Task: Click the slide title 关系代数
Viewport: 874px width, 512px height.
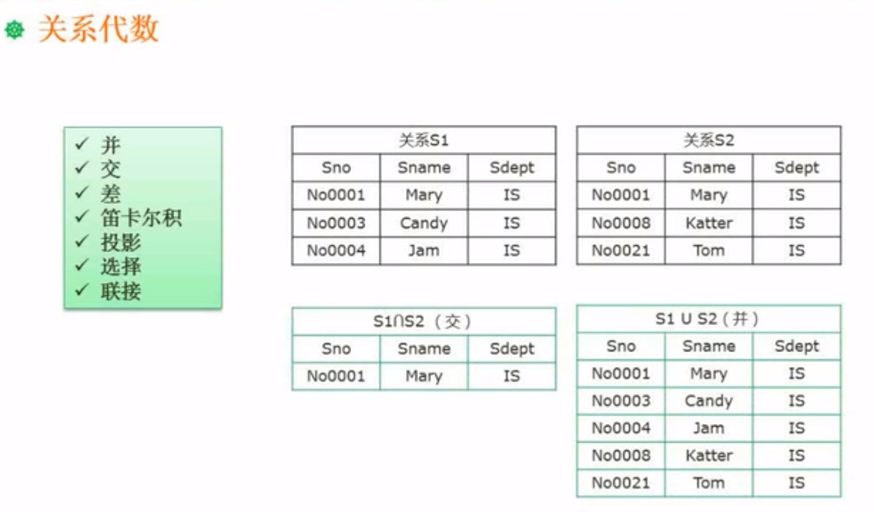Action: coord(98,29)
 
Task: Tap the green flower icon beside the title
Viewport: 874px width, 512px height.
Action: coord(14,30)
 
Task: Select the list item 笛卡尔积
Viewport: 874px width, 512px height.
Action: coord(141,218)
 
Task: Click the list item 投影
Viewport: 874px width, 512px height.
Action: coord(121,242)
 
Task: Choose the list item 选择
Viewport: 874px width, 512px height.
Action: coord(121,266)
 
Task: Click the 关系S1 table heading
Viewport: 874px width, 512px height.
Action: coord(423,140)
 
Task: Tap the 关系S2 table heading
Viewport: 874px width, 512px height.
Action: coord(708,140)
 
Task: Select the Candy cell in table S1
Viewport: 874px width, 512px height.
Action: coord(423,223)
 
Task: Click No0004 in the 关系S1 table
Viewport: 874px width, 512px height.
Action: coord(336,250)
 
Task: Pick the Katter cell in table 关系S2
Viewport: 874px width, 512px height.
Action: coord(708,223)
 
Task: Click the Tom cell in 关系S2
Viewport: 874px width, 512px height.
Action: coord(708,250)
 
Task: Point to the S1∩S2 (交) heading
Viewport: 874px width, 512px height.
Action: coord(422,321)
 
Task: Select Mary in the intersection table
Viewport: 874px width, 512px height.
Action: coord(423,376)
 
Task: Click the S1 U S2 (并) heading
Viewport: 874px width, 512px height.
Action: coord(707,319)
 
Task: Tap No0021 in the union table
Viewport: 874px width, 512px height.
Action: coord(620,482)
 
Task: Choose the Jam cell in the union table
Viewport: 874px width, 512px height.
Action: coord(708,428)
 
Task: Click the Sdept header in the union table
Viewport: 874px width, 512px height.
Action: coord(796,346)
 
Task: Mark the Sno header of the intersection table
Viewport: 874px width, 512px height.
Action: coord(336,349)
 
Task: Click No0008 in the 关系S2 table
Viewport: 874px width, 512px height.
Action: coord(620,223)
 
